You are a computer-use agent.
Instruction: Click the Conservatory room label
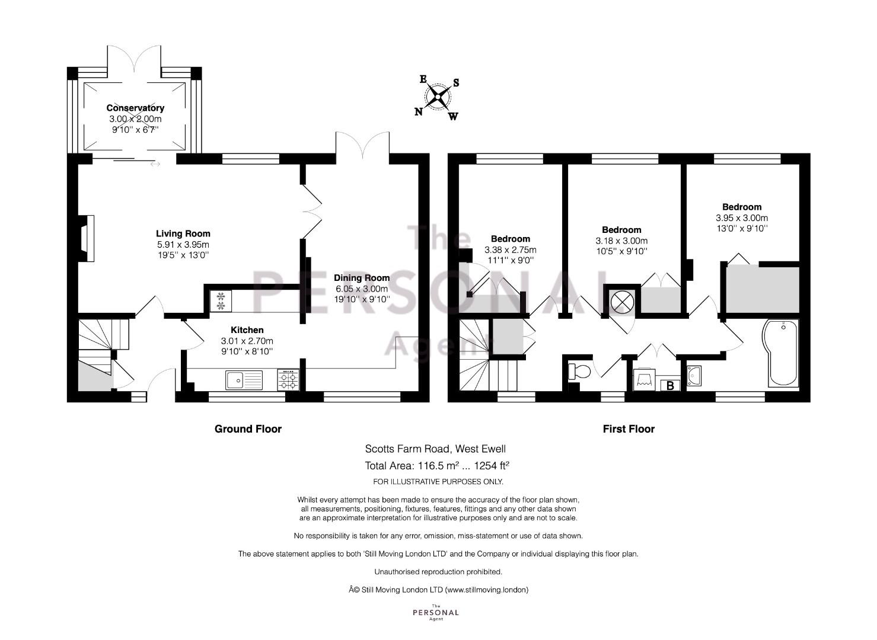(135, 108)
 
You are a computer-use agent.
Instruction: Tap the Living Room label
(183, 233)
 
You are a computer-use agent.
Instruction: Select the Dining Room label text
(362, 278)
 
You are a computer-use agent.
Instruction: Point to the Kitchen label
(247, 330)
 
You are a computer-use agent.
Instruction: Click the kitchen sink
(244, 380)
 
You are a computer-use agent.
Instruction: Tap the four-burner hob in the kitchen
(288, 380)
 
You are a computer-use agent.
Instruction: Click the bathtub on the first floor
(780, 354)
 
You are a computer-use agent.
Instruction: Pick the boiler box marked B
(670, 386)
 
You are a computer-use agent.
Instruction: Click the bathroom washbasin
(694, 376)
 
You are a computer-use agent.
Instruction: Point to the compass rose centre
(438, 96)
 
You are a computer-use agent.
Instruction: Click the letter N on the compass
(419, 112)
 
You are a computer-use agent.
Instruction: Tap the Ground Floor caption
(248, 429)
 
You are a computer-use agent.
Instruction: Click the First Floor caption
(629, 429)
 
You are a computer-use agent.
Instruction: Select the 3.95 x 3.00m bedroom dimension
(742, 218)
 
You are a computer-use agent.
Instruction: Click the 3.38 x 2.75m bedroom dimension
(510, 249)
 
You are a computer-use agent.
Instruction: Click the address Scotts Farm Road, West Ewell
(435, 449)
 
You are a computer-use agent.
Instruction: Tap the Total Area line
(437, 466)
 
